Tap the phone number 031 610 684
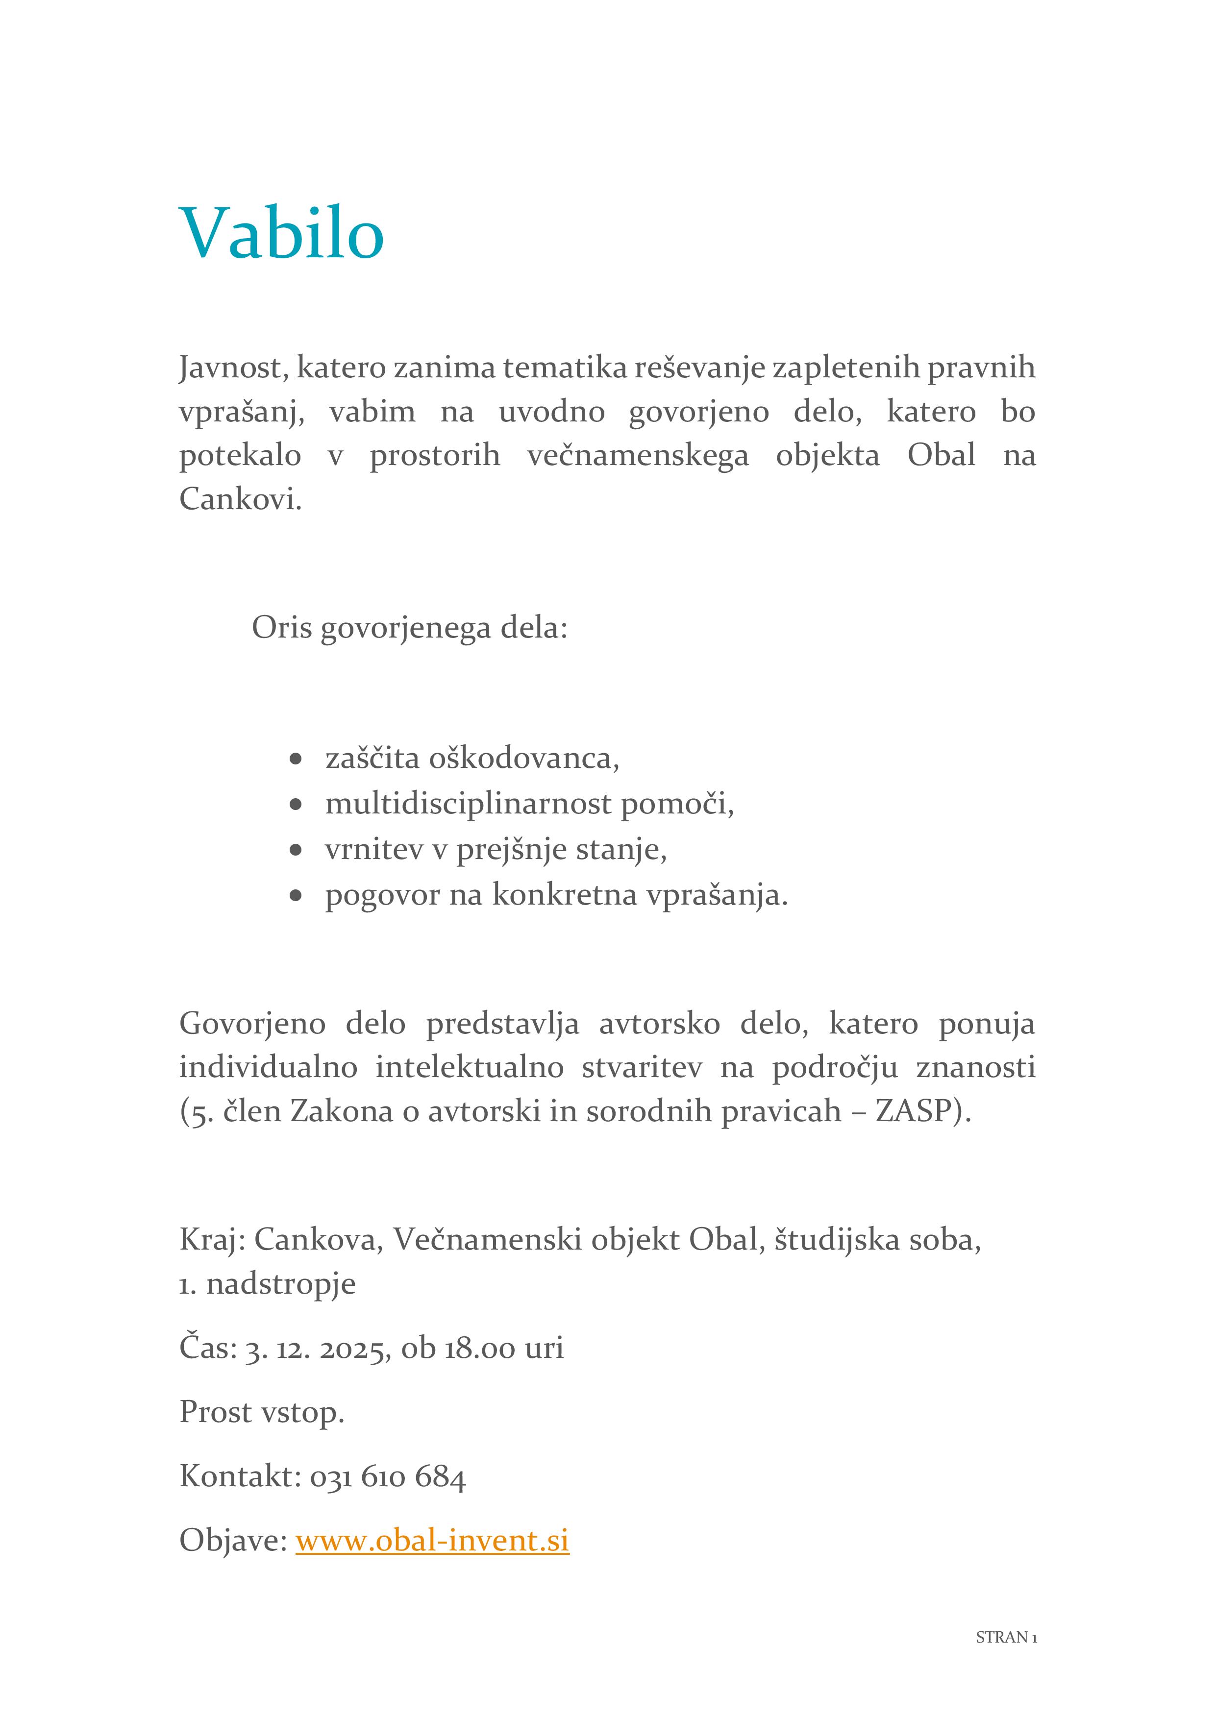[388, 1476]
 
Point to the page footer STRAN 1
[1006, 1637]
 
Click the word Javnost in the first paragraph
[233, 368]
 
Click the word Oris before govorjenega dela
[281, 627]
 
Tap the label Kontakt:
[240, 1476]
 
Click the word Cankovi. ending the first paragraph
[240, 499]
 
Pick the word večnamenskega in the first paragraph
[637, 455]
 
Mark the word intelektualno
[470, 1067]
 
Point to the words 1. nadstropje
[267, 1283]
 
